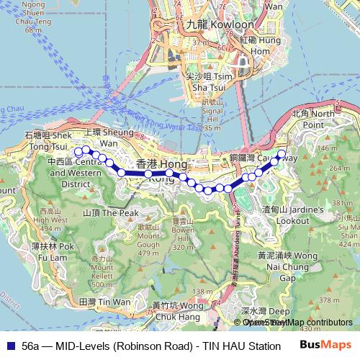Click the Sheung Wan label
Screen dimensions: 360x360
pos(101,138)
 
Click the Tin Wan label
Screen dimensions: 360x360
pos(96,302)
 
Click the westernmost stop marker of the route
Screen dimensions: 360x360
pos(78,151)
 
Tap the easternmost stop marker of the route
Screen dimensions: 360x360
pos(282,153)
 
